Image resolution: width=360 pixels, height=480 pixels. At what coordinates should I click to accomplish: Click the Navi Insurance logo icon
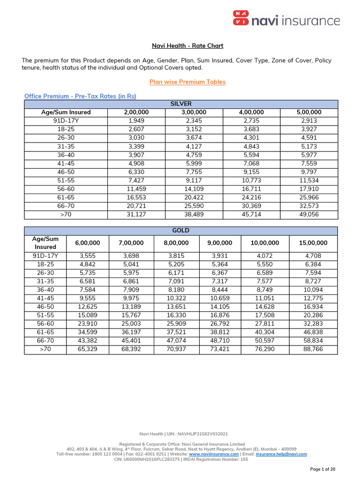240,19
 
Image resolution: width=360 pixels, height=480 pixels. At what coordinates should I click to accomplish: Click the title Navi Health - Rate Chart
187,45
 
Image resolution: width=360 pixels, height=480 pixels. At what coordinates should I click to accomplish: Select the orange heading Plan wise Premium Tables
187,82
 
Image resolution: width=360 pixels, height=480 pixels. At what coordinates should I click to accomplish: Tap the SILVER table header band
180,104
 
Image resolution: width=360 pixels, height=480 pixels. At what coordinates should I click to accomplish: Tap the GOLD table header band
180,231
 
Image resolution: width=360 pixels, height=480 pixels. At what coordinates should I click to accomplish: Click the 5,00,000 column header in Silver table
308,112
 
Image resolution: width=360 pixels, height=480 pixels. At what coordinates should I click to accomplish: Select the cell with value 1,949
136,121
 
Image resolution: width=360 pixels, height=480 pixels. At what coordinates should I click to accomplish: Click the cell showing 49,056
308,215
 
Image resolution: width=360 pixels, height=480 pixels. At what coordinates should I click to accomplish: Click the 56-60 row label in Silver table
66,189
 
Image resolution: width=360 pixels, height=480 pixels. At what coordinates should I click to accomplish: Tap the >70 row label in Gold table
45,349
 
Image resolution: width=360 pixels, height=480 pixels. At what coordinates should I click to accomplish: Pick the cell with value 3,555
88,255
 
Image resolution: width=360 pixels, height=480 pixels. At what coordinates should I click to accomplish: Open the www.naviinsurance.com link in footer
214,454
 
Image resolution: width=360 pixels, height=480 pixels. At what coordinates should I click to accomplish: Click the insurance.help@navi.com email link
281,454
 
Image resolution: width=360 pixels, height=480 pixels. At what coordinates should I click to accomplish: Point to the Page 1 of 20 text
322,469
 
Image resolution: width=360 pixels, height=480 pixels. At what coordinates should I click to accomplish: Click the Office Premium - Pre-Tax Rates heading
80,96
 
